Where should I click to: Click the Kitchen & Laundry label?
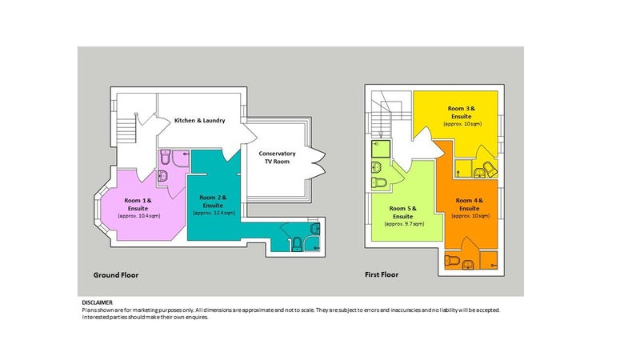click(x=199, y=121)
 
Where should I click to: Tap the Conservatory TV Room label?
click(x=277, y=158)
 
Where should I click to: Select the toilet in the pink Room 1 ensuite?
click(x=166, y=156)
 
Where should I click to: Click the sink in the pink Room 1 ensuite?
click(x=162, y=176)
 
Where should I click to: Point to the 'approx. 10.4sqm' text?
click(x=139, y=216)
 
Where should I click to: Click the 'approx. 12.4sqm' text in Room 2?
click(x=214, y=213)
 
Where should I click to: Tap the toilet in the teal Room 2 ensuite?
click(x=297, y=244)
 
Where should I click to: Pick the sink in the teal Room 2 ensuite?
click(x=314, y=228)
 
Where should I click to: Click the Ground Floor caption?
click(x=116, y=275)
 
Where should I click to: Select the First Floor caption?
click(x=382, y=274)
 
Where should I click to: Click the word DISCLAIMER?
click(x=97, y=302)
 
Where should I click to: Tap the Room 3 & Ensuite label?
click(x=462, y=112)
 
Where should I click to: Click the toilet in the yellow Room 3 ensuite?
click(x=490, y=169)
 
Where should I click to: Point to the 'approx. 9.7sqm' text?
click(x=405, y=224)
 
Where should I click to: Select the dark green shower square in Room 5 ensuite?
click(x=381, y=149)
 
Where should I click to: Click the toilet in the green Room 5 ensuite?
click(x=379, y=182)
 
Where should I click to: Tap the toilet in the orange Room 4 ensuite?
click(x=452, y=260)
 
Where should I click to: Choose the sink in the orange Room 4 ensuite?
click(x=468, y=265)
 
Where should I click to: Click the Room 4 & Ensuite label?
click(x=470, y=205)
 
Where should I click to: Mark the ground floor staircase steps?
click(x=126, y=128)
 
